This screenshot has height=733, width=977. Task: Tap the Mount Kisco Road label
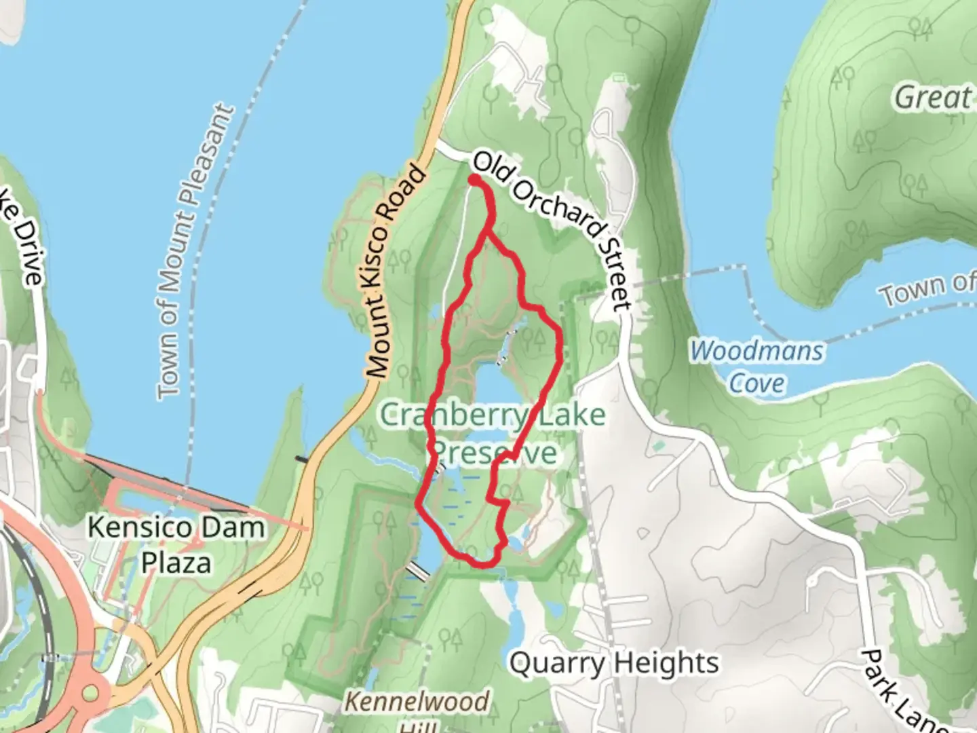pyautogui.click(x=397, y=271)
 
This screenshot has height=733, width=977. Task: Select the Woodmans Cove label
pyautogui.click(x=757, y=366)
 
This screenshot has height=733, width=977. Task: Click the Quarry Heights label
pyautogui.click(x=614, y=663)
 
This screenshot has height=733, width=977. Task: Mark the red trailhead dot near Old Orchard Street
pyautogui.click(x=474, y=180)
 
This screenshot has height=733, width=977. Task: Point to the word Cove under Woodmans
pyautogui.click(x=757, y=383)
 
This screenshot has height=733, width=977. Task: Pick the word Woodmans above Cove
pyautogui.click(x=757, y=352)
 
